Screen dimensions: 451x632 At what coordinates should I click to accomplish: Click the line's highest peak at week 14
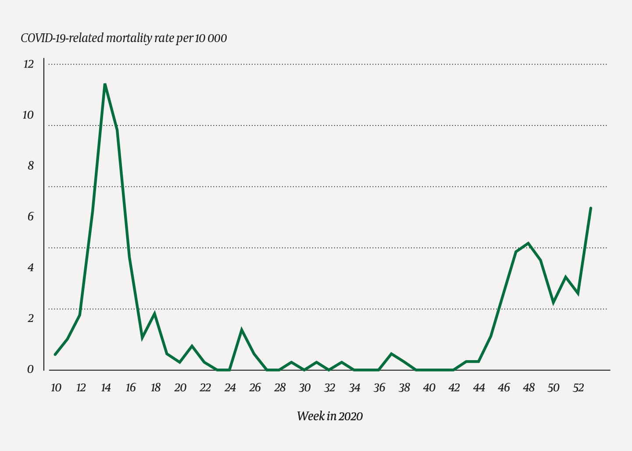coord(105,84)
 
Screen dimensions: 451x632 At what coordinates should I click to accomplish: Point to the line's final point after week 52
coord(591,208)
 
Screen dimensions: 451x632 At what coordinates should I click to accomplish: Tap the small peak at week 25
coord(242,330)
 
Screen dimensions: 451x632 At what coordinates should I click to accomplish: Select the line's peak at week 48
coord(528,243)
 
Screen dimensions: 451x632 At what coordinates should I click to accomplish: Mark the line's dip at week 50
coord(553,302)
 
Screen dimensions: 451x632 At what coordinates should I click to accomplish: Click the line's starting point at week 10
coord(55,354)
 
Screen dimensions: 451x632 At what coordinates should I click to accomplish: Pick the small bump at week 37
coord(391,354)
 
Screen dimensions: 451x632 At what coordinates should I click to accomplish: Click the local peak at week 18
coord(155,314)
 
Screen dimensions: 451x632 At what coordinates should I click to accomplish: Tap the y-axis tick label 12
coord(28,64)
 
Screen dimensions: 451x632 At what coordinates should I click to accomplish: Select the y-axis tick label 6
coord(30,217)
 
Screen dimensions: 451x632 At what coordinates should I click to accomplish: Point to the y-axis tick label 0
coord(30,369)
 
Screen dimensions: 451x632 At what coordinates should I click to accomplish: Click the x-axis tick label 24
coord(230,388)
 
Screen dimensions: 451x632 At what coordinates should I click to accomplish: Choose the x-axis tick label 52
coord(578,388)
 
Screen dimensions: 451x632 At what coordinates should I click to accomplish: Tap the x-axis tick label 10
coord(56,388)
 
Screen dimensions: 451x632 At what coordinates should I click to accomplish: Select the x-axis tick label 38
coord(404,388)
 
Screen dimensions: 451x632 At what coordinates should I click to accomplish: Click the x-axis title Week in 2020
coord(330,416)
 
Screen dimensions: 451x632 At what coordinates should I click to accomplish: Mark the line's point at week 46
coord(503,294)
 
